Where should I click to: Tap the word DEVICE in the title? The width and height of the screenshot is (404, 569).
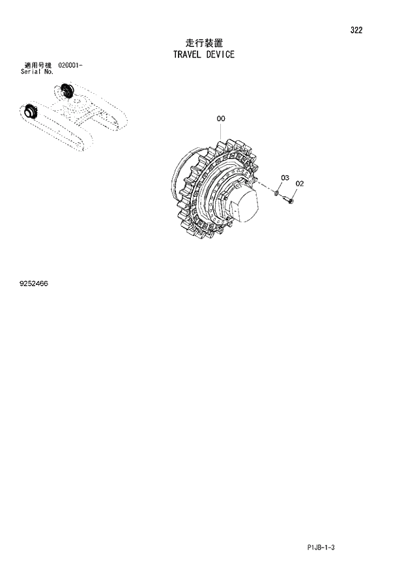click(221, 55)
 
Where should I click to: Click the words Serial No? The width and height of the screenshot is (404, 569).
click(37, 72)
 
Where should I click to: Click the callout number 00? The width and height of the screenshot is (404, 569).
click(221, 119)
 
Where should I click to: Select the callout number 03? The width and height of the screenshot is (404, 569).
click(285, 178)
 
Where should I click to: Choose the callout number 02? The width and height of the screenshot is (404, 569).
click(299, 184)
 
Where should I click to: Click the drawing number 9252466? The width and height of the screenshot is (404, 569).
click(34, 284)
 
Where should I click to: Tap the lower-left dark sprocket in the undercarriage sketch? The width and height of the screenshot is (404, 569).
click(30, 113)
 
